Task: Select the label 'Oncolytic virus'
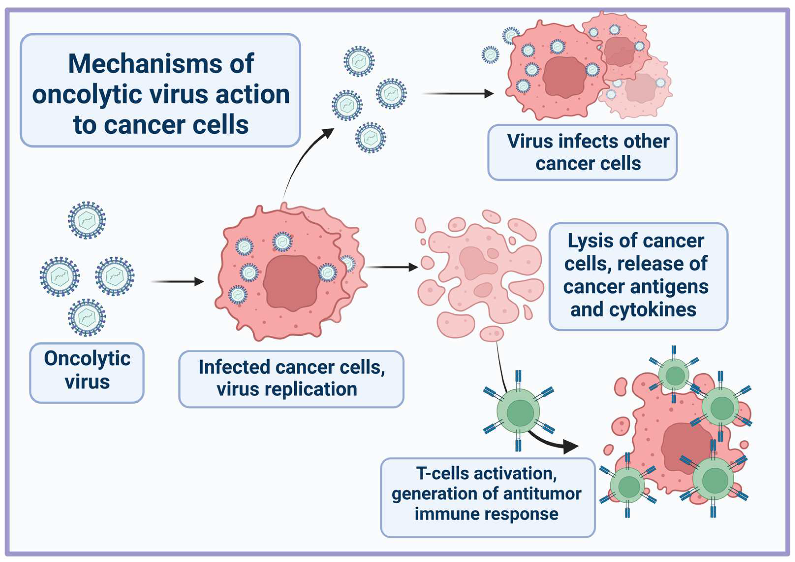pos(87,370)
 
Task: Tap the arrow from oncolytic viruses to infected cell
pos(177,281)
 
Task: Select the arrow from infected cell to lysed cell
pos(391,267)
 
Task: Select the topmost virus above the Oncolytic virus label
pos(87,220)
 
